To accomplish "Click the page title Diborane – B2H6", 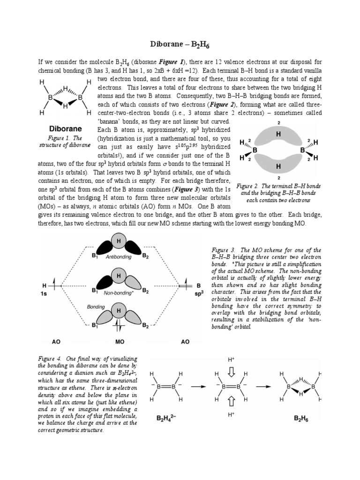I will pos(180,45).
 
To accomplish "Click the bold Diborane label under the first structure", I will pos(66,128).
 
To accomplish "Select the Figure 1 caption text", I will pos(66,142).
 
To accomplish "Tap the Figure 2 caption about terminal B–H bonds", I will pos(278,193).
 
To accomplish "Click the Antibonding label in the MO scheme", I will pos(119,257).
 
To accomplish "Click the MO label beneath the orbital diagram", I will pos(119,342).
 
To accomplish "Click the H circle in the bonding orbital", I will pos(119,311).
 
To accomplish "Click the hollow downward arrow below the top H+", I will pos(231,372).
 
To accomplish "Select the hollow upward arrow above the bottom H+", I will pos(231,401).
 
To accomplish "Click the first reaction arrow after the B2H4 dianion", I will pos(195,387).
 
